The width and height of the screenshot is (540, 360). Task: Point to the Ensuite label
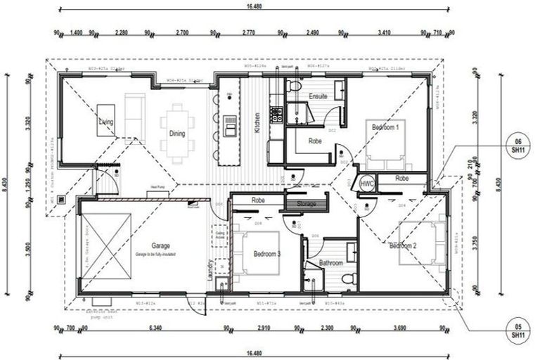coord(318,96)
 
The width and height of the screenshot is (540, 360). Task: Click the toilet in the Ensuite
coord(294,86)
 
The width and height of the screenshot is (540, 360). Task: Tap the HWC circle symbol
coord(366,183)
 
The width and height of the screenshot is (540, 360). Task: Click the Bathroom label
coord(330,262)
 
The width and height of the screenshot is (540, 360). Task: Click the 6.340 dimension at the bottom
coord(155,328)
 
